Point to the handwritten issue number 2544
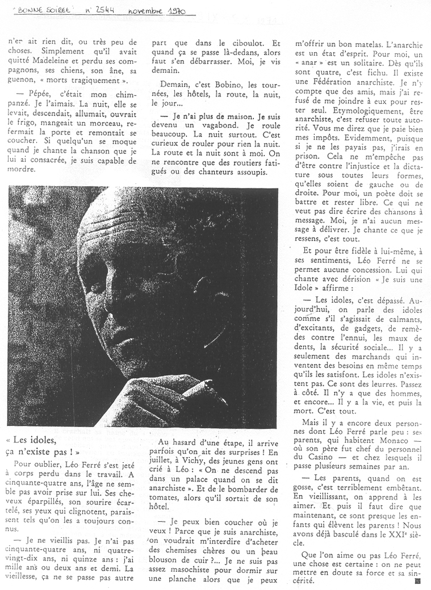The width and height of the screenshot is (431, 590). coord(104,10)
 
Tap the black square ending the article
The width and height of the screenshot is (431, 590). coord(417,581)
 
